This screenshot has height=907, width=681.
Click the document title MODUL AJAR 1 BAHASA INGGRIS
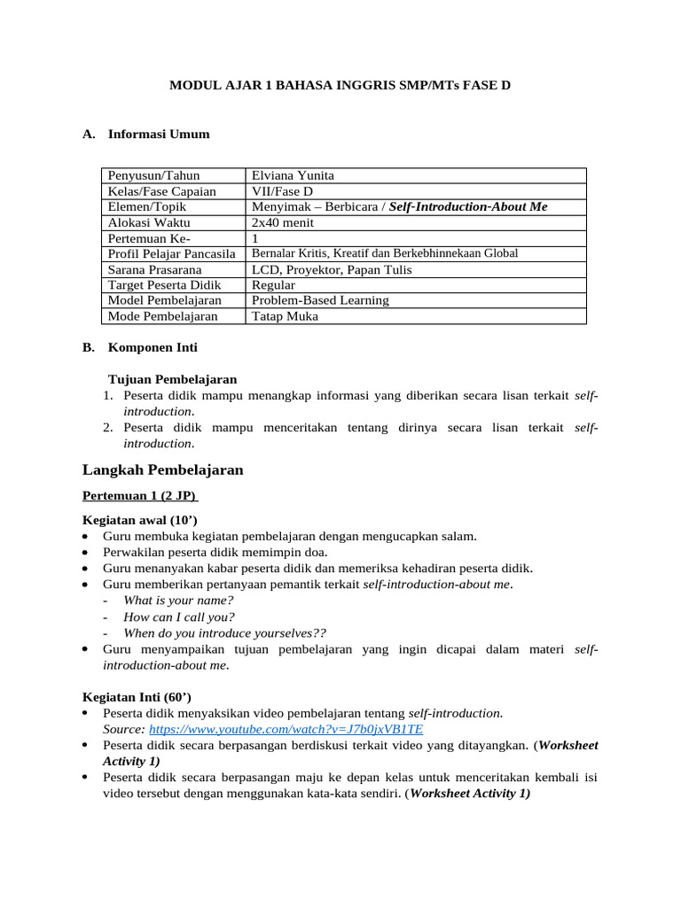click(x=340, y=86)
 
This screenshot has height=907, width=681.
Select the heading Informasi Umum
click(x=159, y=135)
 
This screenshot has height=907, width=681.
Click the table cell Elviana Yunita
click(x=293, y=175)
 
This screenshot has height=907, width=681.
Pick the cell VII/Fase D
click(x=282, y=191)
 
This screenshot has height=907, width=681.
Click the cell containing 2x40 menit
click(x=284, y=222)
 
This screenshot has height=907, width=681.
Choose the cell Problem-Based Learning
click(x=320, y=300)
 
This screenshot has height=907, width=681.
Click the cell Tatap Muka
click(x=285, y=316)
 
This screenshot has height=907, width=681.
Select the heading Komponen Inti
click(x=153, y=347)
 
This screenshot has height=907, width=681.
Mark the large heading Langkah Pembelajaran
click(x=162, y=469)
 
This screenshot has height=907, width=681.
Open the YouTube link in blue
click(x=286, y=729)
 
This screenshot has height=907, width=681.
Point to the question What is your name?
click(x=178, y=601)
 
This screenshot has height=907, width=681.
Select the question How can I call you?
click(x=179, y=616)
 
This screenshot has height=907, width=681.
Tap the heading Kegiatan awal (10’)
click(x=139, y=520)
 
